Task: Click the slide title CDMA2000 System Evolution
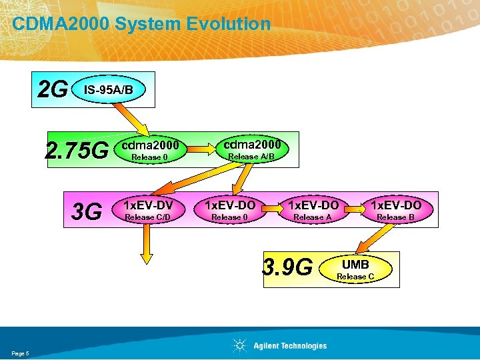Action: click(x=141, y=25)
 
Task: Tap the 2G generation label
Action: click(x=53, y=89)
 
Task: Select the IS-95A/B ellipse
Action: click(x=107, y=89)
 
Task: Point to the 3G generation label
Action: click(x=87, y=211)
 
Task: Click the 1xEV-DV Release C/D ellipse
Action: click(x=147, y=210)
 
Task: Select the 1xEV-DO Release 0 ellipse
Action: click(x=229, y=210)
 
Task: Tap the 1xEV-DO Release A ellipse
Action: click(x=312, y=210)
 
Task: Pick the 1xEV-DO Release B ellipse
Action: click(x=395, y=210)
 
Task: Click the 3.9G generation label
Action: click(x=288, y=268)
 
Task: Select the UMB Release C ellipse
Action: click(x=355, y=269)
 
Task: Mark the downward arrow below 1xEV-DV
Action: click(x=147, y=247)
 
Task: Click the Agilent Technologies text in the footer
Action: click(x=290, y=345)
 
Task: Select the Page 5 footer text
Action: click(x=20, y=353)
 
